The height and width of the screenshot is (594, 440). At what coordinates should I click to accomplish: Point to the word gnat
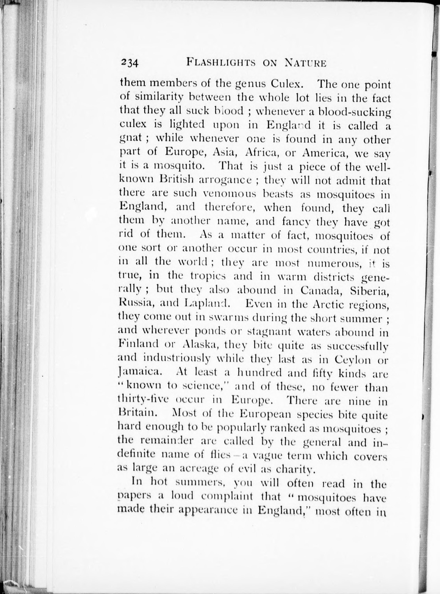130,139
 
